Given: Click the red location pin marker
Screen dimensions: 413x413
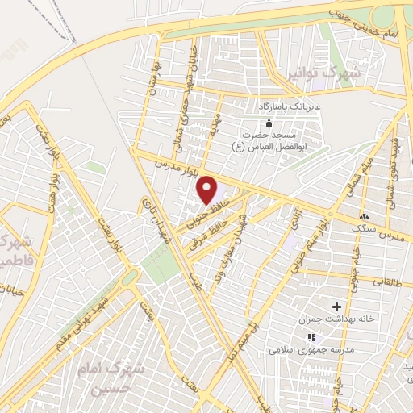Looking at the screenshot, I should point(208,190).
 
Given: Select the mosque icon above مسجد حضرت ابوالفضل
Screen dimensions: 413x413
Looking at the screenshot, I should point(268,123).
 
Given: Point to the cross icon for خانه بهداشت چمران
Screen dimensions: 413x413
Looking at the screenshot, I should point(336,307).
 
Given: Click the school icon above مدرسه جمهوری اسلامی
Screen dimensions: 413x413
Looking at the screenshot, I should point(311,336).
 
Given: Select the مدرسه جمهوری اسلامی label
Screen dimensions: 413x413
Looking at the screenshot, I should point(306,350).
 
